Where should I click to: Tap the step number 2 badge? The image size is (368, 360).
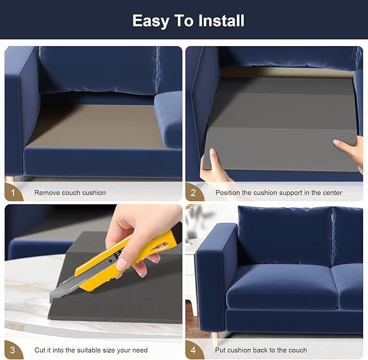point(192,192)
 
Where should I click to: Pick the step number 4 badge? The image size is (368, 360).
point(192,350)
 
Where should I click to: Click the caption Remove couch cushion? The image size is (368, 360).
point(70,192)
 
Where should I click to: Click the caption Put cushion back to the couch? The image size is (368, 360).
point(261,350)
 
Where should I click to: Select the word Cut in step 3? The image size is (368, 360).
point(40,350)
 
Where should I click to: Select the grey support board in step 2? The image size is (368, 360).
point(282,125)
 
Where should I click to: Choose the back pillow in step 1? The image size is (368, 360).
point(98,70)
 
